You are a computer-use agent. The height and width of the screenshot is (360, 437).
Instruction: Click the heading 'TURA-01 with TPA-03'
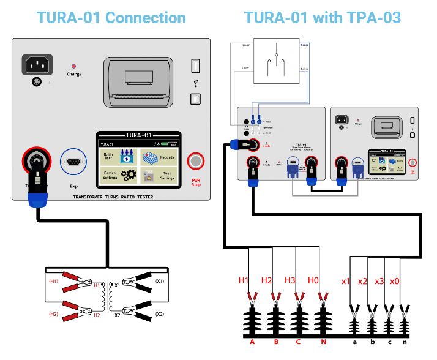coord(323,17)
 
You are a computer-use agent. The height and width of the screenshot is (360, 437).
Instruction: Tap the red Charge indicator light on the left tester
coord(74,66)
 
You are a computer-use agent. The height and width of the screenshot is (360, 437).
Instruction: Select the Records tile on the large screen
coord(159,157)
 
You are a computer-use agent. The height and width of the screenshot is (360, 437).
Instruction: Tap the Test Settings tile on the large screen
coord(159,176)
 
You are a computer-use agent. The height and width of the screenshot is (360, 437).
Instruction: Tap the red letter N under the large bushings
coord(323,342)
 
